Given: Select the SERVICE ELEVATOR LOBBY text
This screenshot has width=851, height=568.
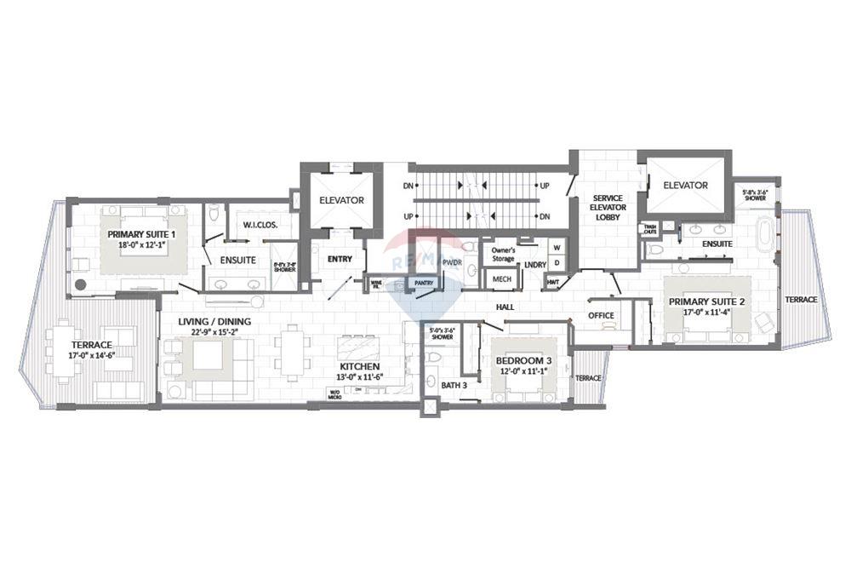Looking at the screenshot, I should (x=608, y=208).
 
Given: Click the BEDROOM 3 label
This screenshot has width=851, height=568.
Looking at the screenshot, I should (x=523, y=361).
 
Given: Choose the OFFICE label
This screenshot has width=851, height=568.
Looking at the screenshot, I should (x=601, y=316).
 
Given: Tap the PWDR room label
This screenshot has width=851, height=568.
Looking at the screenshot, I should (x=452, y=263).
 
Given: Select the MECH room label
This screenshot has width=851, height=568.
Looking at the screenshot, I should (x=502, y=279).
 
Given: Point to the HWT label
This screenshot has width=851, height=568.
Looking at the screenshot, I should (x=553, y=281).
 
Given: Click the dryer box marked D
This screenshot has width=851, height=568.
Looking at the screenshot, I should (x=557, y=263).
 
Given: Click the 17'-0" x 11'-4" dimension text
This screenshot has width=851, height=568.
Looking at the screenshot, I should (x=707, y=313).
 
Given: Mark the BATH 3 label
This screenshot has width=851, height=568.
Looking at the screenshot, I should (x=454, y=385).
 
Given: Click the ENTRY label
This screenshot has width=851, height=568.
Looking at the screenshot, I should (x=340, y=259).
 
